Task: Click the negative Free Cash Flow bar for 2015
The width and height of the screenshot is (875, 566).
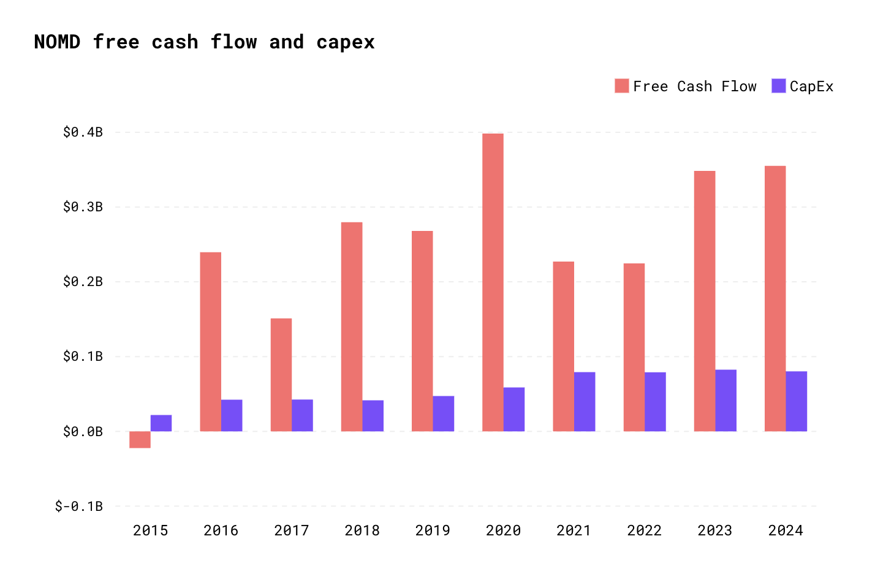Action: point(140,439)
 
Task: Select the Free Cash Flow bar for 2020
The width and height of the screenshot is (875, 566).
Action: point(493,282)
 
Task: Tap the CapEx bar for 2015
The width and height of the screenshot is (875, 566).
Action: point(161,423)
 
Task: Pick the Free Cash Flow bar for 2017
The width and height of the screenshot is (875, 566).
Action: point(281,375)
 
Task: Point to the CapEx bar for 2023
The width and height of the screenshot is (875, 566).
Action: point(725,401)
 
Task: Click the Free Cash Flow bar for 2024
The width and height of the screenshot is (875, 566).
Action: point(775,299)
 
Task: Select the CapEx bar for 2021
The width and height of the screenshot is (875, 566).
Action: point(585,402)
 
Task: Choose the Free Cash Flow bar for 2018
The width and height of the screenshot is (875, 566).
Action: point(352,326)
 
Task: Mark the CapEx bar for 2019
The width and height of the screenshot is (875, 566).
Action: point(444,413)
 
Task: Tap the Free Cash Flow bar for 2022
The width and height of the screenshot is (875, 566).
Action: point(634,347)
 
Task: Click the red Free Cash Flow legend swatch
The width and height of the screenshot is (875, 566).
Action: point(622,86)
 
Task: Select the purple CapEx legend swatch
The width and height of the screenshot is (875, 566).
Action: point(778,86)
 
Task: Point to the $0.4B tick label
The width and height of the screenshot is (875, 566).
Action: point(83,132)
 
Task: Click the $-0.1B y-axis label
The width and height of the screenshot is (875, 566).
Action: point(79,507)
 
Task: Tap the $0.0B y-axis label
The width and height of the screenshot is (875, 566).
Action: point(83,432)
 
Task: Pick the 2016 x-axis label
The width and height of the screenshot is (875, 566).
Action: point(221,530)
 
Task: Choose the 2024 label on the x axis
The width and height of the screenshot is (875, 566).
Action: point(786,530)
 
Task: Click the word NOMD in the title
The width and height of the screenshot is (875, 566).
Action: point(57,42)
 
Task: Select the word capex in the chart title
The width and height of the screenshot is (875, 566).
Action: point(346,42)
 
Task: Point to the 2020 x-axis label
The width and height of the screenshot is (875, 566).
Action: point(503,530)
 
